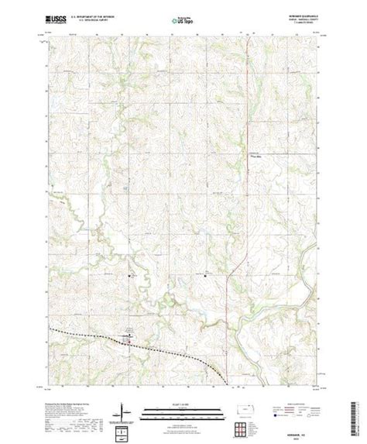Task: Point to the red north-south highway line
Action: [244, 155]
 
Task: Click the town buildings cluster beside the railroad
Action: [129, 336]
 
